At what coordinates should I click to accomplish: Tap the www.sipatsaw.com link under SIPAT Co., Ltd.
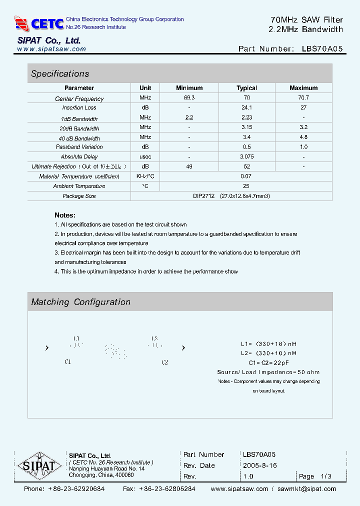pos(51,49)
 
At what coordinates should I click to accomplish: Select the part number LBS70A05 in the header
pos(322,49)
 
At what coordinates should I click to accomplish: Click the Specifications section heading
pos(60,74)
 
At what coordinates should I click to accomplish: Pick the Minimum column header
pos(189,88)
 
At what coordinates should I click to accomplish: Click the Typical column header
pos(246,88)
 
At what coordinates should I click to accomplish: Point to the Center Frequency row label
pos(79,99)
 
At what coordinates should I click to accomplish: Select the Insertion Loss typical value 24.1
pos(246,107)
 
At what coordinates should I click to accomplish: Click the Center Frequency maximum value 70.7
pos(303,98)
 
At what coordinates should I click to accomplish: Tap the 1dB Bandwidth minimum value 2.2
pos(189,117)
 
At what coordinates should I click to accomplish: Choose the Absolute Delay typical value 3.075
pos(246,156)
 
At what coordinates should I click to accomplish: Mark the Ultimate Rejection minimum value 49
pos(189,166)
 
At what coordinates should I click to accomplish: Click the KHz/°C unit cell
pos(145,176)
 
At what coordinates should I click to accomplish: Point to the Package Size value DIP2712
pos(203,196)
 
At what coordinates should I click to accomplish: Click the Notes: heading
pos(65,215)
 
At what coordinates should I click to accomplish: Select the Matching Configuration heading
pos(80,302)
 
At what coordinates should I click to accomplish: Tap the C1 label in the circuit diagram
pos(68,362)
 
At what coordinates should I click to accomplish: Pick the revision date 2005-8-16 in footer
pos(259,465)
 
